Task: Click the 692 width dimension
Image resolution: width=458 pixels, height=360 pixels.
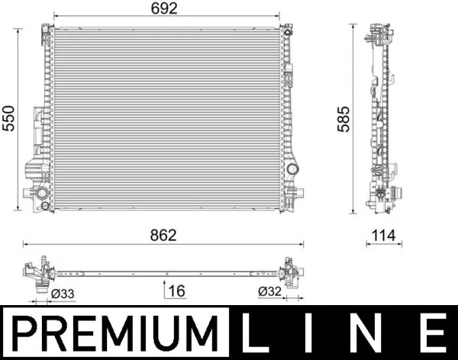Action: tap(164, 8)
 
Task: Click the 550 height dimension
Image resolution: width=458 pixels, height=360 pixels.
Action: tap(8, 118)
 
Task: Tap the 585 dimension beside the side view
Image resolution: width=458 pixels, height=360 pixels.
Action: tap(343, 119)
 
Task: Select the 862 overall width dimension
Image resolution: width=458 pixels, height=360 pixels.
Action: tap(163, 236)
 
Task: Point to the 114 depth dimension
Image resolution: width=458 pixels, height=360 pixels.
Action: tap(383, 236)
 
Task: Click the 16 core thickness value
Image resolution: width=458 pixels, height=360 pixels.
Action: tap(177, 291)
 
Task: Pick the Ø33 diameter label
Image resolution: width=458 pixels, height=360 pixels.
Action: tap(63, 294)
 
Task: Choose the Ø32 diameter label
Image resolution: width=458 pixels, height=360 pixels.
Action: tap(269, 291)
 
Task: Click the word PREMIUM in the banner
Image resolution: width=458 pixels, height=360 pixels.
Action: tap(114, 333)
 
